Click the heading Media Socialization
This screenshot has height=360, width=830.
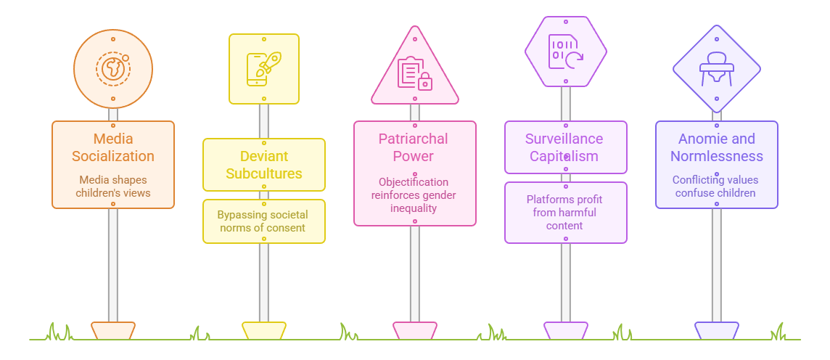[x=113, y=147]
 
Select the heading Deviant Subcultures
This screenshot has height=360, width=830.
[x=264, y=165]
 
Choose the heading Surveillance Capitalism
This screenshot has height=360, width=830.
[x=565, y=147]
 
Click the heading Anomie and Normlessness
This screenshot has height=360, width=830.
[x=716, y=147]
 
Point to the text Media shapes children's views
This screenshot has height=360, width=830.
[x=113, y=186]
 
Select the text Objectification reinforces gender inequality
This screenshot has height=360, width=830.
[x=414, y=195]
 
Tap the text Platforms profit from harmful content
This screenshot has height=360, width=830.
[x=565, y=212]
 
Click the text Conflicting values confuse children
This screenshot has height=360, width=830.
[x=716, y=186]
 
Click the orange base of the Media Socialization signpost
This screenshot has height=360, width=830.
[x=113, y=330]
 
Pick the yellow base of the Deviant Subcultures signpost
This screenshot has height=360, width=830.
[x=264, y=330]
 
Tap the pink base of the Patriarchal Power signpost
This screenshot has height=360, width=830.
[x=415, y=330]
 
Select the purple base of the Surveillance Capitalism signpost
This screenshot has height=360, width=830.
[x=566, y=330]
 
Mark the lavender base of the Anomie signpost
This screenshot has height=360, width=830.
[x=717, y=330]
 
